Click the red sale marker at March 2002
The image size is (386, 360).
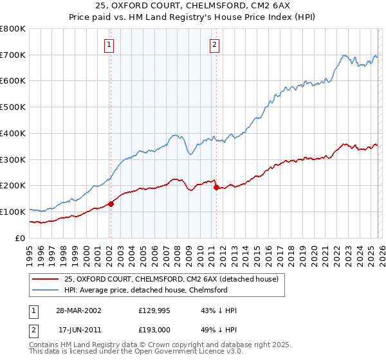click(111, 204)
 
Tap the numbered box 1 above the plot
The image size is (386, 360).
click(110, 45)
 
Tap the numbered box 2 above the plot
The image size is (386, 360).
click(214, 45)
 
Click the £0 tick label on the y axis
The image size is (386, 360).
click(20, 238)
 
